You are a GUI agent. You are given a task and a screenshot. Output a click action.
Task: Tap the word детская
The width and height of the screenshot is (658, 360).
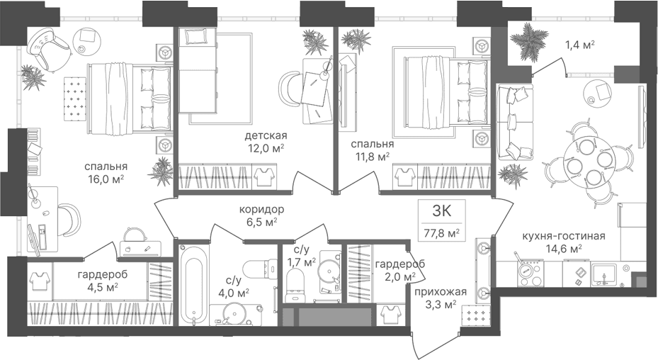point(266,135)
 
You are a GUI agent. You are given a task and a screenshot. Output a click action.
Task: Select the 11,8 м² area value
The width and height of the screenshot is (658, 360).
point(373,157)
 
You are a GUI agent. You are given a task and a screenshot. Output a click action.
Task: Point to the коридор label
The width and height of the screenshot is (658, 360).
point(261,209)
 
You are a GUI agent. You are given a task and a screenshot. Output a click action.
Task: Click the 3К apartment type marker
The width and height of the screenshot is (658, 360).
point(441,210)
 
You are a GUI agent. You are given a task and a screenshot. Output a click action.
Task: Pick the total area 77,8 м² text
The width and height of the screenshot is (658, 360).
point(441,232)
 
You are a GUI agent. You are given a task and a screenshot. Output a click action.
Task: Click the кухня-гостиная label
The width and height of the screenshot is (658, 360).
point(564,236)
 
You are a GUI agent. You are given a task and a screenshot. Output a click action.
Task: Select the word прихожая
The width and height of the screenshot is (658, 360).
point(441,291)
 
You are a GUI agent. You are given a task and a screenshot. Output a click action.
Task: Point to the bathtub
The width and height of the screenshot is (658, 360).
point(194,284)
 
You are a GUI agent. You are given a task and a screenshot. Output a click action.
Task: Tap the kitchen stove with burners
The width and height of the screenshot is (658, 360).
point(531,274)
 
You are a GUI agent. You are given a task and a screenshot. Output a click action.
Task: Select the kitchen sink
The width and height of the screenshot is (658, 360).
point(604,273)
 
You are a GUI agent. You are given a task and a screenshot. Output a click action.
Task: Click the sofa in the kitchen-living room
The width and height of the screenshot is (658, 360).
point(514,122)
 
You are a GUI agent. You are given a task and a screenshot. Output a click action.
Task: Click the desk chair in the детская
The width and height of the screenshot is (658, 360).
point(290,88)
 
